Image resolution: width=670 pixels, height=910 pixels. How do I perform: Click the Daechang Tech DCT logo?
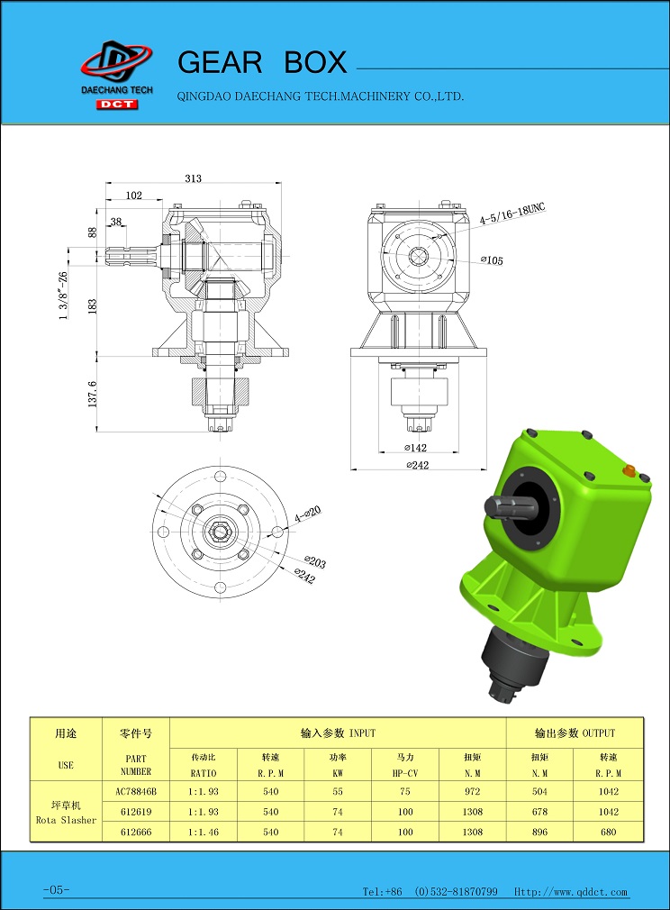[117, 74]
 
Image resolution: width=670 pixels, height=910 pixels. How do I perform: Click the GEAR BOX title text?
[262, 62]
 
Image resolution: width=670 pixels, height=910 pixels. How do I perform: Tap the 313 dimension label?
[194, 178]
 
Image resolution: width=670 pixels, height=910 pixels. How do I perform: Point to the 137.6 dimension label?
[92, 394]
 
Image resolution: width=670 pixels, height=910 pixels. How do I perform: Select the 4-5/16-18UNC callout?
[512, 213]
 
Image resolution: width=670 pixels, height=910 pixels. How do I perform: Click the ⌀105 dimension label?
[492, 260]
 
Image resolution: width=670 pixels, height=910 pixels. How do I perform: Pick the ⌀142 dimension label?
[415, 448]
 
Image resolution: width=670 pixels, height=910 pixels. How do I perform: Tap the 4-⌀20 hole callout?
[307, 514]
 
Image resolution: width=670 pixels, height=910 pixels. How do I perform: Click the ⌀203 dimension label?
[315, 562]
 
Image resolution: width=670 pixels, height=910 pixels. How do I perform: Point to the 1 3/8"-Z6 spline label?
[63, 296]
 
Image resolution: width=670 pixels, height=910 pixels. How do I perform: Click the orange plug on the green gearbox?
[629, 469]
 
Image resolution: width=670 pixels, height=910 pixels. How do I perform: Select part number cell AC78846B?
[136, 791]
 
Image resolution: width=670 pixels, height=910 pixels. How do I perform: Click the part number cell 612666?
[136, 832]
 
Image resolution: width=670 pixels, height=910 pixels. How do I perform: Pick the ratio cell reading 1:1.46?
[203, 832]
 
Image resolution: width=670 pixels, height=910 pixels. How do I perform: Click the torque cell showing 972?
[472, 791]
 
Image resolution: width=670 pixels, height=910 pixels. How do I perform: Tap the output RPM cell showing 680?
[608, 832]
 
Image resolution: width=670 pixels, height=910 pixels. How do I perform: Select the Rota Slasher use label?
[66, 820]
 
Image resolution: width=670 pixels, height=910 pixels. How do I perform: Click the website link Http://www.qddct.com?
[571, 891]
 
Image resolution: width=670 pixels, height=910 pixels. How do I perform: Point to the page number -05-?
[56, 889]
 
